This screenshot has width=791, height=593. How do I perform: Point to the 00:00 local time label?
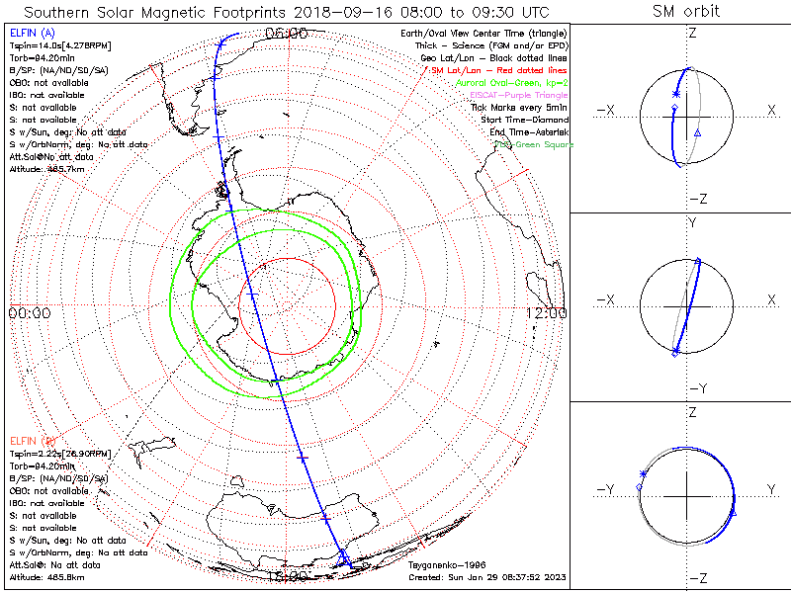(x=29, y=312)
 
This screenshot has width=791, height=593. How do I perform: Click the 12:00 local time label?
(x=546, y=312)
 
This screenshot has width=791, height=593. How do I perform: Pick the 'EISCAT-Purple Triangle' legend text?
(x=520, y=95)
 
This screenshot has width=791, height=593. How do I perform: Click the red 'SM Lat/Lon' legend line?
(x=498, y=70)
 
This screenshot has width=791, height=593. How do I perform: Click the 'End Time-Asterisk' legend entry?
(x=527, y=132)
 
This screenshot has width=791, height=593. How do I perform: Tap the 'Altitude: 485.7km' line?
(x=43, y=170)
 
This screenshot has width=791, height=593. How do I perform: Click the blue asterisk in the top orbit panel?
(x=676, y=94)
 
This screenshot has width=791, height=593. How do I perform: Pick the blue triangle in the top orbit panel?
(x=697, y=132)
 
